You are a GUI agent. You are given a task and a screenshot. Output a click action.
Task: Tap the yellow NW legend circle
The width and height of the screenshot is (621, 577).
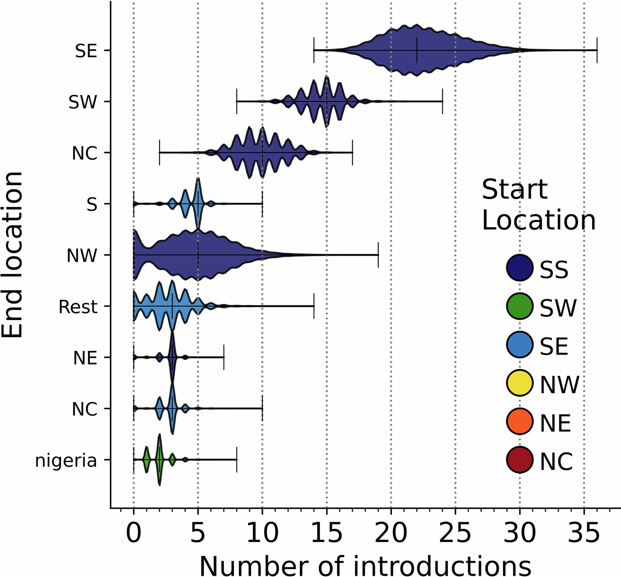519,383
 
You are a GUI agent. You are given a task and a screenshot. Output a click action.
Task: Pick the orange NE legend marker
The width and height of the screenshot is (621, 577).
519,421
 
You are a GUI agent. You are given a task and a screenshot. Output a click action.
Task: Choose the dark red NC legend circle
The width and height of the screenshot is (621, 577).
519,460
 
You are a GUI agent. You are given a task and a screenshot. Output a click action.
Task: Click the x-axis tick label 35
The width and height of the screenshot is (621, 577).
584,533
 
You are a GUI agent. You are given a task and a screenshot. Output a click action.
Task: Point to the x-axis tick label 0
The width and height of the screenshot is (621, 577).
134,533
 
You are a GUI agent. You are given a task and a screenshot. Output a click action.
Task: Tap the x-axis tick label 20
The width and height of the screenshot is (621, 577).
391,533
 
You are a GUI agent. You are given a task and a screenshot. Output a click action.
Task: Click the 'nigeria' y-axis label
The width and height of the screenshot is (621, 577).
66,461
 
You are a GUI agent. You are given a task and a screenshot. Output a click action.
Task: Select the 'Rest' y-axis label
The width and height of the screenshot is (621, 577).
78,307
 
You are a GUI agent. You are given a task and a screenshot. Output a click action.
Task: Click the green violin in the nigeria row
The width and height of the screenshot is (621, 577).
159,460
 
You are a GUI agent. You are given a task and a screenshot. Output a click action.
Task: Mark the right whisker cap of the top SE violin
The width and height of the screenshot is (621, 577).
597,50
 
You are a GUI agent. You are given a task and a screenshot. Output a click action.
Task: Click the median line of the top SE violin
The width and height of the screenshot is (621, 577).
417,50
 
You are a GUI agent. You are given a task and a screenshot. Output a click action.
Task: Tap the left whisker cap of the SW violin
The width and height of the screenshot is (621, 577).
237,101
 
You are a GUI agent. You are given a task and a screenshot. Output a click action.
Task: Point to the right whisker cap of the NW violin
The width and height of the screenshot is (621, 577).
378,255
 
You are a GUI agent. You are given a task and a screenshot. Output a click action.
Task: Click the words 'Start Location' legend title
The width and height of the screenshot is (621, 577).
538,205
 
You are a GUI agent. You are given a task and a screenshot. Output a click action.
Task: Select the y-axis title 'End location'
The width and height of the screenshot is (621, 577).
12,255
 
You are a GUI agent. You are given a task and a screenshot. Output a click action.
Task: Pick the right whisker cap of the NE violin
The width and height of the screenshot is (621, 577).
224,357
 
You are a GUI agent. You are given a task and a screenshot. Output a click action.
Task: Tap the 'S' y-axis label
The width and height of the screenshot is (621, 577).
92,204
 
